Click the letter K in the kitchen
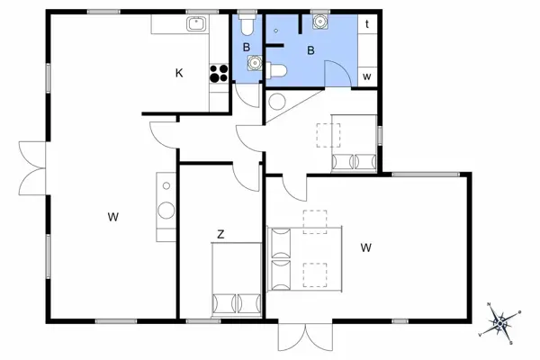click(179, 74)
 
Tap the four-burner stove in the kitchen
click(219, 72)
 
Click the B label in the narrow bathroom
click(247, 46)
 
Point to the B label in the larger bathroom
click(310, 50)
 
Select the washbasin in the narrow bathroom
click(255, 63)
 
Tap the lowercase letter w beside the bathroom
click(367, 76)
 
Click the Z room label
click(220, 234)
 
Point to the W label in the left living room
click(113, 216)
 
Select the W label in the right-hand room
click(366, 247)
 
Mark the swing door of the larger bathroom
click(336, 67)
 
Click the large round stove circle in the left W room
click(167, 210)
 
